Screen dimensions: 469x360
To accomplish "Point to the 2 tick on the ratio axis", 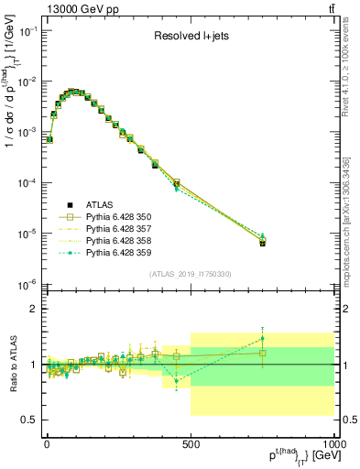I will point(35,309).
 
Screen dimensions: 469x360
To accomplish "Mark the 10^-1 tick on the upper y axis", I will point(27,31).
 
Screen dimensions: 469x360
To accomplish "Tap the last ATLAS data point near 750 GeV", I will point(262,244).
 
